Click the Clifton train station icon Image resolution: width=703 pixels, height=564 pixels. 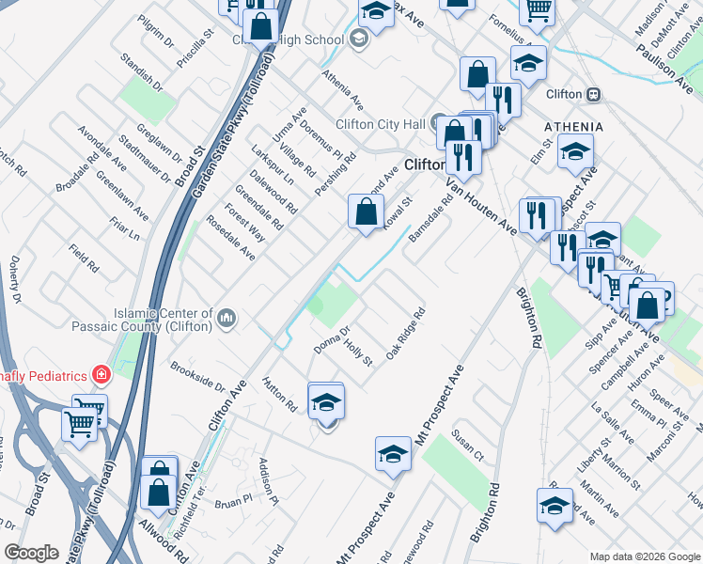(593, 94)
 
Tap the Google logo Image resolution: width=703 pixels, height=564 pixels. (31, 553)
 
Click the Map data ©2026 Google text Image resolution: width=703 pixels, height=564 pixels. (645, 556)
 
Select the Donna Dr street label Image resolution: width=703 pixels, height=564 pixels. (332, 340)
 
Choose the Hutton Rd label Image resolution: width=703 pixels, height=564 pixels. (279, 396)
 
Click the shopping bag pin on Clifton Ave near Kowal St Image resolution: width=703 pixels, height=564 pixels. (365, 211)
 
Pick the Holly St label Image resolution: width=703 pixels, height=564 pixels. (358, 353)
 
